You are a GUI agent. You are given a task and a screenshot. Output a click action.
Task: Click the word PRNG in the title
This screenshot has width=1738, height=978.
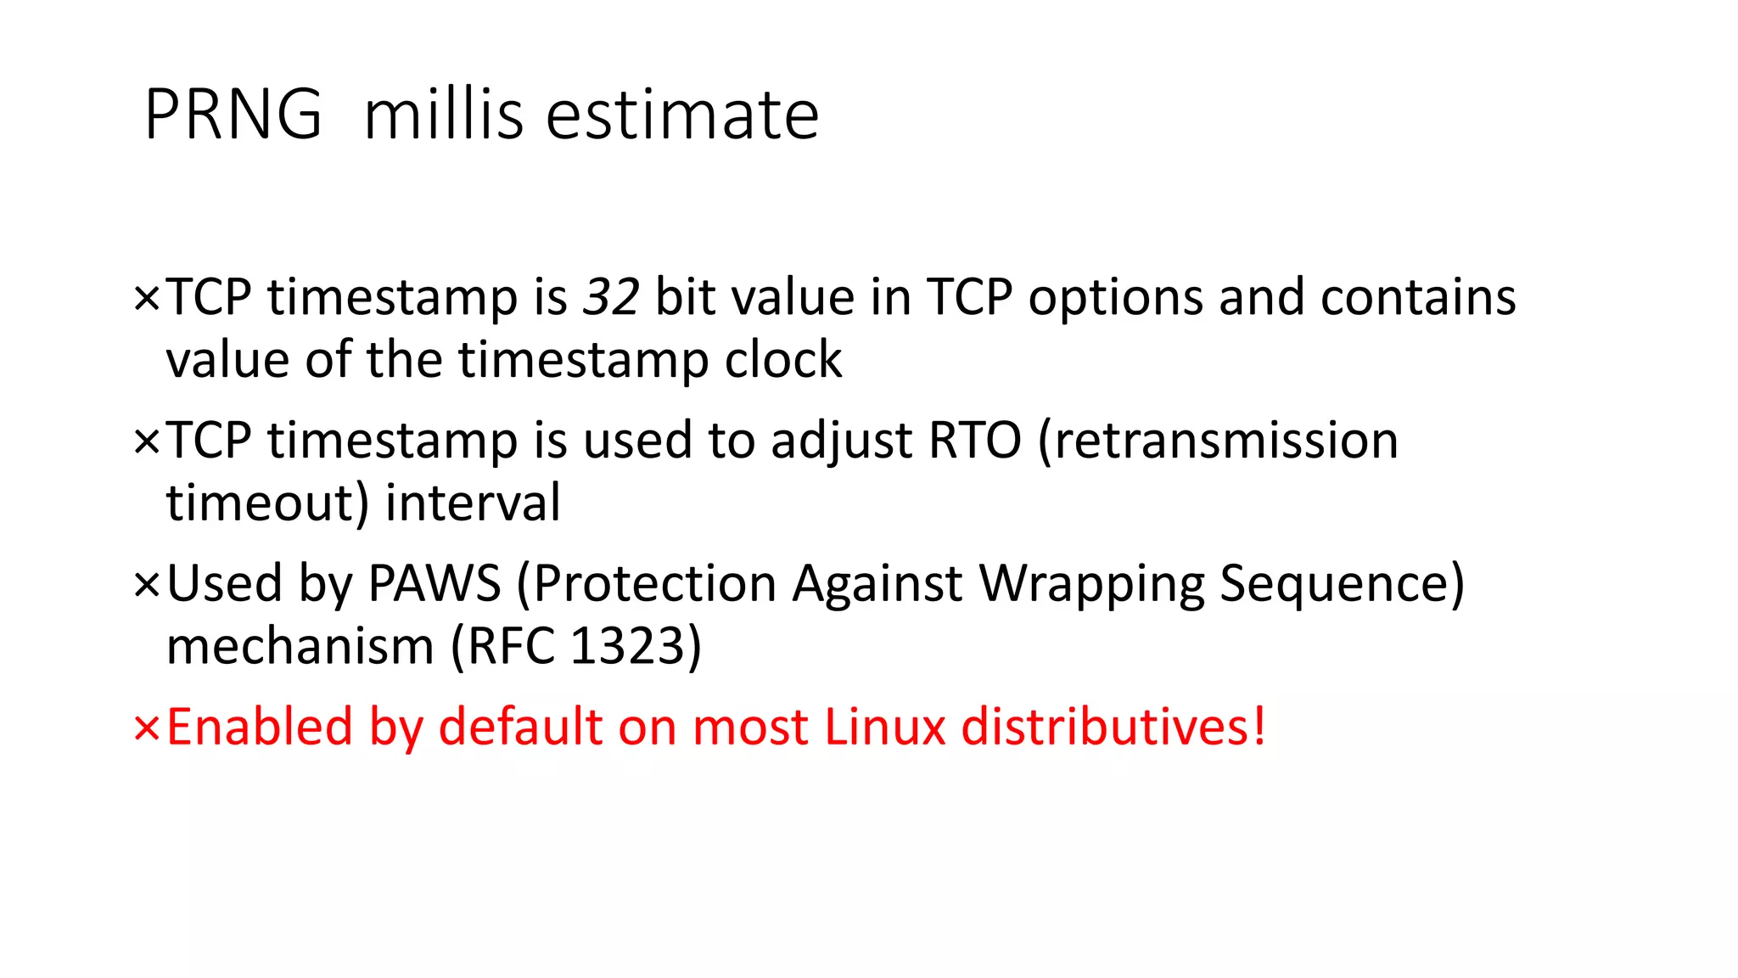(233, 115)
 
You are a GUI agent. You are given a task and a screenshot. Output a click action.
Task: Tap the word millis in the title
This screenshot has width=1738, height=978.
(443, 115)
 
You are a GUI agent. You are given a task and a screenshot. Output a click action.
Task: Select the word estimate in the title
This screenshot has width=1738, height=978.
(682, 115)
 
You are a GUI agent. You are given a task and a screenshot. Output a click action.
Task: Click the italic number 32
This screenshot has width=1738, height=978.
(611, 297)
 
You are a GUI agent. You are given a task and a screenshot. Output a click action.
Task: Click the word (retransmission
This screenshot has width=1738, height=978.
(1218, 441)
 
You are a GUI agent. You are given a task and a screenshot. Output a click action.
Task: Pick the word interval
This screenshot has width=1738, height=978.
(473, 503)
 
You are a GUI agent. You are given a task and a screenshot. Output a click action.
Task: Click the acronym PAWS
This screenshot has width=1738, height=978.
(434, 584)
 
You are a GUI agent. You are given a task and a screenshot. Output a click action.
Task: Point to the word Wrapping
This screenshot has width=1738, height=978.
(1091, 586)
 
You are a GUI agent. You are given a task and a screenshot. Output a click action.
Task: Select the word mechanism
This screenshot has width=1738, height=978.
(300, 646)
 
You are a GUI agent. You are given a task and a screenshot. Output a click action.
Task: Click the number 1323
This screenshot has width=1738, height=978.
(627, 646)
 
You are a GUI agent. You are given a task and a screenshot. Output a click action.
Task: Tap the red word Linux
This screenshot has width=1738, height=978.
(884, 728)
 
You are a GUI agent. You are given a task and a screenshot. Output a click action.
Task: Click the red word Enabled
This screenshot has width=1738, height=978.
(260, 728)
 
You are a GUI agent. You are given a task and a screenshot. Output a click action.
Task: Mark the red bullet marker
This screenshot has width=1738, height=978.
(146, 728)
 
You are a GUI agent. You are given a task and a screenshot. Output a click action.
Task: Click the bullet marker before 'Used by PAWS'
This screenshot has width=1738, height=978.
(146, 585)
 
